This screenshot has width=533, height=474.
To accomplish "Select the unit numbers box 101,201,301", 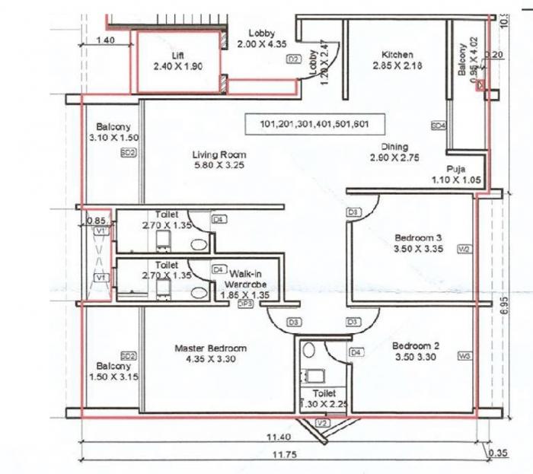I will coord(314,124).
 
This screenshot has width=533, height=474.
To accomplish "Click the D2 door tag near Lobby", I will coord(293,59).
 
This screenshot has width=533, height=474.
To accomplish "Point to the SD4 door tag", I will coord(438,125).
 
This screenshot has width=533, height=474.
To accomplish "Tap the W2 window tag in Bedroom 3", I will coord(464,249).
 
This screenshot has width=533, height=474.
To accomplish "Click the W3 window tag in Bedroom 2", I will coord(464,356).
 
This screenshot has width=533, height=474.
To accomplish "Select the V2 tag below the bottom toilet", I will coord(322,423).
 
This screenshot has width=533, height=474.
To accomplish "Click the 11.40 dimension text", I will coord(279,437).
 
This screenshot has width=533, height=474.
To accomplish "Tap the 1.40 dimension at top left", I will coord(107,41).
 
